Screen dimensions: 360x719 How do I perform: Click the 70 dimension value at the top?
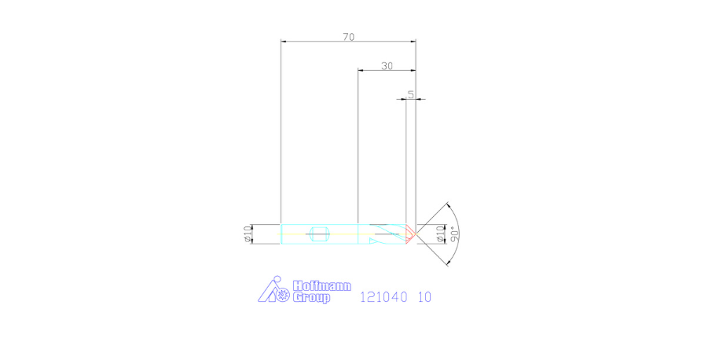tap(348, 36)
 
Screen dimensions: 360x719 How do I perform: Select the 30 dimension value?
tap(387, 66)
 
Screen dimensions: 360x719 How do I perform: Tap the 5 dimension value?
tap(410, 94)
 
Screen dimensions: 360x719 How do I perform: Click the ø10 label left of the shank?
tap(248, 233)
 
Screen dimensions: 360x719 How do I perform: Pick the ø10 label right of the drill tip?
tap(440, 233)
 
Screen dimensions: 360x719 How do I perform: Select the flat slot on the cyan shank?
tap(318, 233)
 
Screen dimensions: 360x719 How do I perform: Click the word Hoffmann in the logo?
tap(321, 286)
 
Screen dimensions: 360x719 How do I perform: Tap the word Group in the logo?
tap(311, 298)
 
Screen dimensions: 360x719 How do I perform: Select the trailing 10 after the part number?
tap(424, 297)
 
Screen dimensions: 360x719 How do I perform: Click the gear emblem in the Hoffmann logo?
tap(281, 296)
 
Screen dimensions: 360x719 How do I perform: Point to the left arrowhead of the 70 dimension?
tap(284, 42)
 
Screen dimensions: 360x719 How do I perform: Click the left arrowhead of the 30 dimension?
tap(361, 71)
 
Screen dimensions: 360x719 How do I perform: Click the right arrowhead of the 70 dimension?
tap(413, 42)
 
